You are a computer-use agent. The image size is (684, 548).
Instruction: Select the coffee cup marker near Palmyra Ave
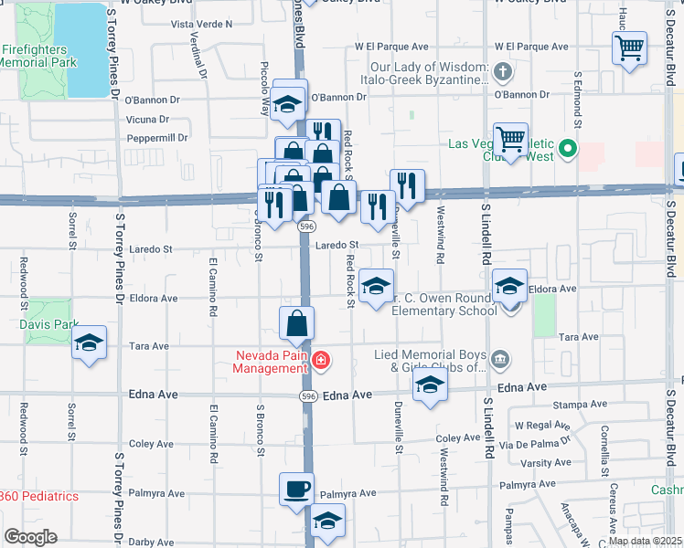point(296,489)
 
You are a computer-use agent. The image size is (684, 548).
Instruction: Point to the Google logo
point(29,537)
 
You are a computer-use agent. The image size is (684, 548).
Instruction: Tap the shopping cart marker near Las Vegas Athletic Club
point(510,140)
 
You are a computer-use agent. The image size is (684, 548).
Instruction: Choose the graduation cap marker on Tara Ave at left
point(90,343)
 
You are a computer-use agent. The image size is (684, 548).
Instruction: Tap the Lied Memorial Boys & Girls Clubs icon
point(499,360)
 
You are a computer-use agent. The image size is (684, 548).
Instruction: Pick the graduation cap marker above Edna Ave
point(428,386)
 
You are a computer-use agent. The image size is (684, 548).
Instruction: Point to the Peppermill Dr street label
point(157,138)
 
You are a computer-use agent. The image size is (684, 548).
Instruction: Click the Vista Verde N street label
point(202,24)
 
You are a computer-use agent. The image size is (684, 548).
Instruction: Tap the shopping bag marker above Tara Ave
point(297,323)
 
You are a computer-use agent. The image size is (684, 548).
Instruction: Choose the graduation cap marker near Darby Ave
point(327,522)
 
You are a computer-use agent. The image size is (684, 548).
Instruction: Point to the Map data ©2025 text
point(645,541)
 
